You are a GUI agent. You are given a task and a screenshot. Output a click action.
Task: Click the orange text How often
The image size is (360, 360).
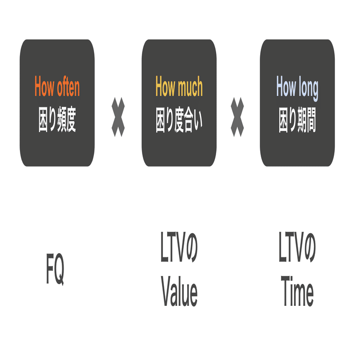tap(57, 87)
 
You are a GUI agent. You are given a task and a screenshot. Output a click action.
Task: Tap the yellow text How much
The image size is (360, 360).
tap(179, 87)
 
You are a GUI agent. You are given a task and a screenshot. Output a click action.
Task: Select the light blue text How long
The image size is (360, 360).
tap(297, 87)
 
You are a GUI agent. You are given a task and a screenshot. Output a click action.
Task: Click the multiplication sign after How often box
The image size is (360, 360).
tap(118, 117)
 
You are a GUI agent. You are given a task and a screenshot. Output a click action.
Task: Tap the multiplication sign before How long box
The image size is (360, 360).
tap(237, 117)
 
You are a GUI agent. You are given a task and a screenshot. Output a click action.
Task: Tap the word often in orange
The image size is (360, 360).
tap(68, 87)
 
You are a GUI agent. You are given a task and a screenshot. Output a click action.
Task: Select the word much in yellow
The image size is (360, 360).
tap(190, 87)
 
